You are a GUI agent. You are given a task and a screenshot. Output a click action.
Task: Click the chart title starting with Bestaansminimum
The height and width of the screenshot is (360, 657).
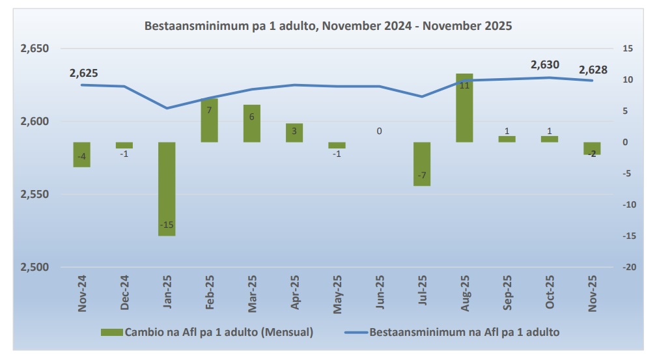tap(328, 27)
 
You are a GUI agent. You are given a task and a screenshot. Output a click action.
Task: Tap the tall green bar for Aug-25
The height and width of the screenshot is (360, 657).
tap(464, 108)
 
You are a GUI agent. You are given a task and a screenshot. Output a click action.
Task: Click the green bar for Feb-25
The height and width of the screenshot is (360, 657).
tap(209, 121)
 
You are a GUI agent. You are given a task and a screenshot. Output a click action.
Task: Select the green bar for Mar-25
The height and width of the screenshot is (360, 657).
tap(252, 123)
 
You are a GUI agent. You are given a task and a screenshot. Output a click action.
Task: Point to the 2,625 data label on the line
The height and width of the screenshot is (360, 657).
tap(83, 74)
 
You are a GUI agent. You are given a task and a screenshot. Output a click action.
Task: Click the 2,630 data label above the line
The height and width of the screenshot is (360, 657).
tap(544, 65)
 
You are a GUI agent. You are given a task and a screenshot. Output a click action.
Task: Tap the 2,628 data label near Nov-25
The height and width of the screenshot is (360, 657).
tap(593, 70)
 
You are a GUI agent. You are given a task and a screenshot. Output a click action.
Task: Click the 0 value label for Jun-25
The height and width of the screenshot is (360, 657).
tap(379, 132)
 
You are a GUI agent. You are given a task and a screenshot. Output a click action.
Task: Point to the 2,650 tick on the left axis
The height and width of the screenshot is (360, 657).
tap(35, 49)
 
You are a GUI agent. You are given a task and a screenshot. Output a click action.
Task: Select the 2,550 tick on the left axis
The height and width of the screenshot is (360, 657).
tap(35, 195)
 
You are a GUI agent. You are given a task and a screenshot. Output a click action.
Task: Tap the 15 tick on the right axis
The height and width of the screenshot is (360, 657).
tap(628, 49)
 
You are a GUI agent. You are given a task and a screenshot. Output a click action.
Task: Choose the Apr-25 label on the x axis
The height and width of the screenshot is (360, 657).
tap(295, 294)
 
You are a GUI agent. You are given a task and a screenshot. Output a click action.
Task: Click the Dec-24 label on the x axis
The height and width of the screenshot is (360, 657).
tap(124, 294)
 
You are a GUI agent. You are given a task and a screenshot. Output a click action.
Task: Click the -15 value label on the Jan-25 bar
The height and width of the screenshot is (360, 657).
tap(167, 225)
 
